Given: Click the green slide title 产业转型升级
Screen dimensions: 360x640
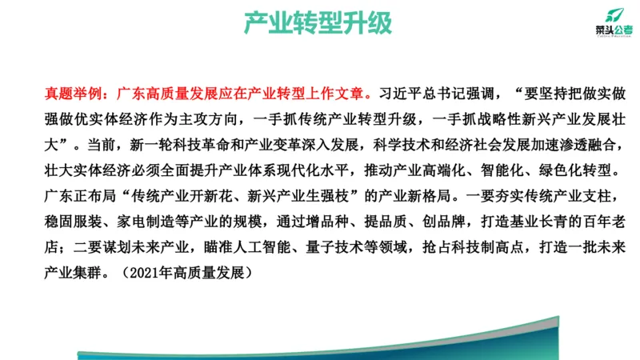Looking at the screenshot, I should pos(318,25).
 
